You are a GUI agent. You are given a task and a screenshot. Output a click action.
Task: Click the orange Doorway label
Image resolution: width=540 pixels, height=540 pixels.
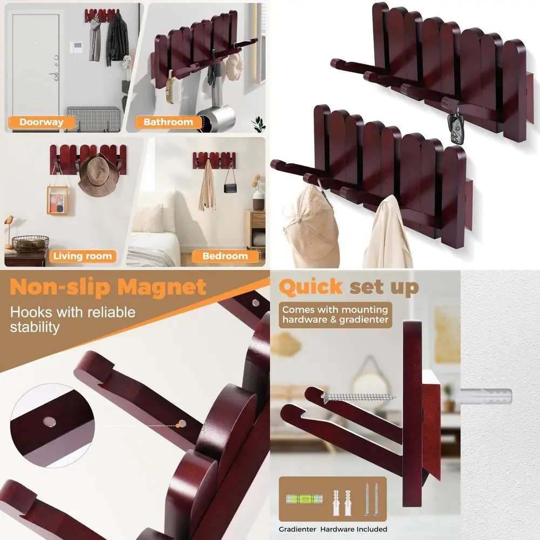click(x=41, y=122)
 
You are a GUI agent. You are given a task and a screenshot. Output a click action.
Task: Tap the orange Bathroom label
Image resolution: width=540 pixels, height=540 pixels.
click(x=168, y=122)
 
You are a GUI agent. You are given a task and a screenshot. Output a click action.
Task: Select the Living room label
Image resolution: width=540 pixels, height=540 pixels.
click(x=82, y=256)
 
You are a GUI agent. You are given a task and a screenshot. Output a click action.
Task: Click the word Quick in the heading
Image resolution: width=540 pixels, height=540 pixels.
click(x=310, y=287)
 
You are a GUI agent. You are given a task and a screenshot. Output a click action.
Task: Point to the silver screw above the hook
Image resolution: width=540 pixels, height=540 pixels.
click(x=359, y=397)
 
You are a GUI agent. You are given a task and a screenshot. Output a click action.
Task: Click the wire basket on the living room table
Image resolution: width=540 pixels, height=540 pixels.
click(x=31, y=243)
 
